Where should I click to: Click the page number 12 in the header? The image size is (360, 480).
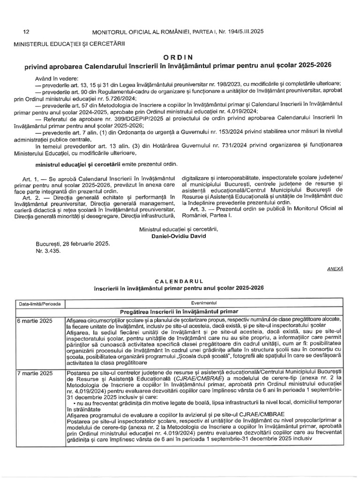click(26, 31)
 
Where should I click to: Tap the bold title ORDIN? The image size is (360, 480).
click(180, 56)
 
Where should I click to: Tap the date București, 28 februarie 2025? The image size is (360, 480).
click(72, 243)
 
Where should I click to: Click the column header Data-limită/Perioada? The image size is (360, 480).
click(39, 303)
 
